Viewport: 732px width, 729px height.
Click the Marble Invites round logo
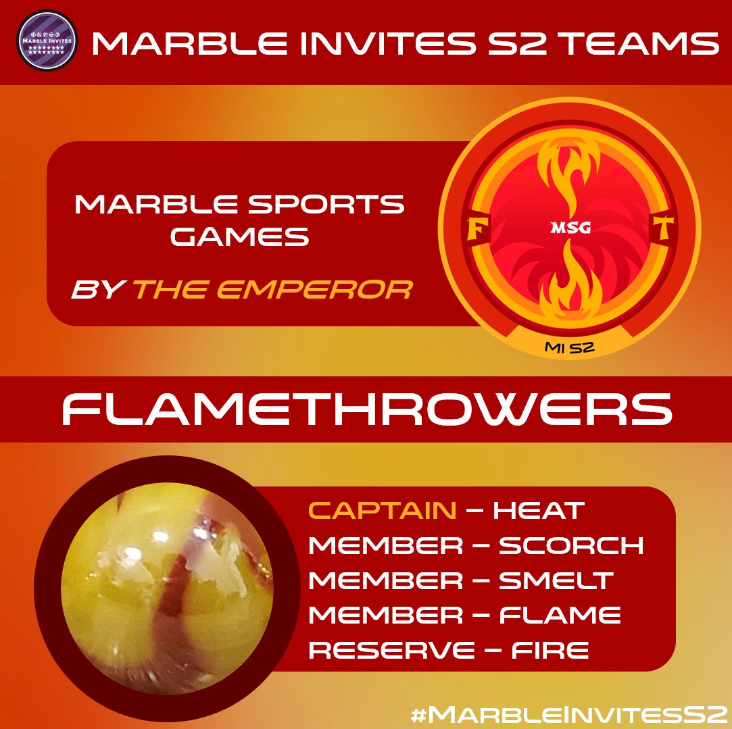(x=46, y=43)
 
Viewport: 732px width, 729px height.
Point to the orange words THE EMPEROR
(x=272, y=291)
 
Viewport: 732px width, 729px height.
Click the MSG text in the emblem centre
(x=572, y=228)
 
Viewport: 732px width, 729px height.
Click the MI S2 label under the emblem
(x=572, y=347)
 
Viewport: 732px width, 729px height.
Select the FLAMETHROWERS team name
(x=366, y=409)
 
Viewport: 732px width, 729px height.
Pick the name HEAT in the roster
(x=539, y=510)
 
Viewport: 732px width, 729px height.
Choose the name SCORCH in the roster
(x=571, y=545)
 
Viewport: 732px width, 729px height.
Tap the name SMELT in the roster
(x=556, y=580)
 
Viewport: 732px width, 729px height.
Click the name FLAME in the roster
(x=560, y=615)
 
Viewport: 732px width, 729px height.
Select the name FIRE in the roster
(x=550, y=651)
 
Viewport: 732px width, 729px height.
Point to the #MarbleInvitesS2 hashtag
(x=566, y=713)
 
